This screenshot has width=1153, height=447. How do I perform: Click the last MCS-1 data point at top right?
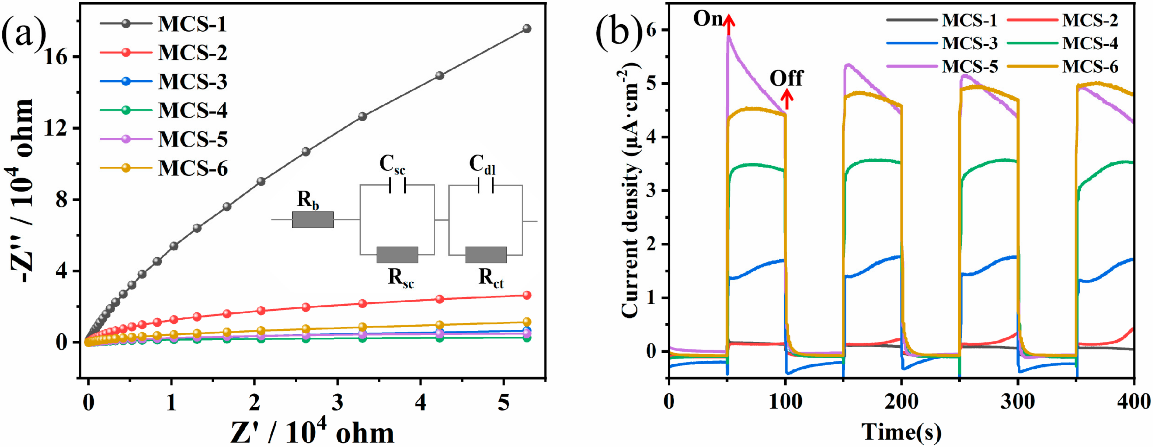pos(527,29)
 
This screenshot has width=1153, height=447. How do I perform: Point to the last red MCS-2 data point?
pos(527,295)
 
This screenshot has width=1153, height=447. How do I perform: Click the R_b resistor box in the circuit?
pos(312,220)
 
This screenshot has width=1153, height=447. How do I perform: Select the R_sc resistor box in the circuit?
pos(397,255)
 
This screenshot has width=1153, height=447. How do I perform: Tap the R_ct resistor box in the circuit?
pos(486,255)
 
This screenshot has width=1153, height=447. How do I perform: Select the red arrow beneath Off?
pos(787,99)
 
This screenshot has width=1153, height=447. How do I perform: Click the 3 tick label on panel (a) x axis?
pos(338,403)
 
